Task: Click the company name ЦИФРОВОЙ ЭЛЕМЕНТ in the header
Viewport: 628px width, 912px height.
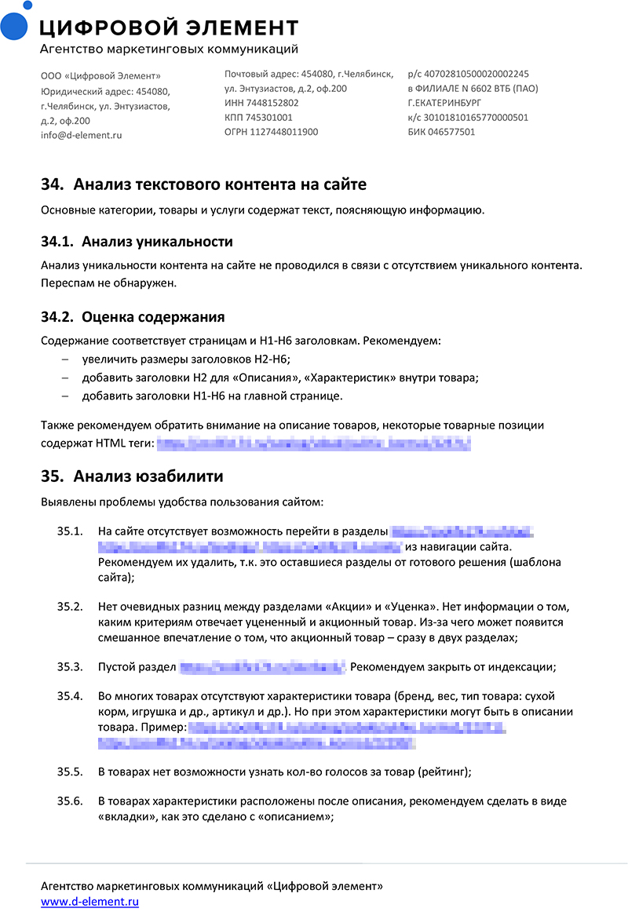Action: coord(169,28)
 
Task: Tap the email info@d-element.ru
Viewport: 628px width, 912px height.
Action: coord(81,135)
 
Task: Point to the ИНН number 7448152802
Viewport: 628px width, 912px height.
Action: coord(261,103)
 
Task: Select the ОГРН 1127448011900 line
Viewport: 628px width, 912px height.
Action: coord(271,132)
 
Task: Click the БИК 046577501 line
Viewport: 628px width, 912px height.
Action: coord(441,132)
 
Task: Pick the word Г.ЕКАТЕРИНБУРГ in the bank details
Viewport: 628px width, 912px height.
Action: coord(444,103)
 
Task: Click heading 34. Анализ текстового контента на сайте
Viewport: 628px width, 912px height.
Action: coord(203,184)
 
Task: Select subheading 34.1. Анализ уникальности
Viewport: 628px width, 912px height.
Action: coord(137,241)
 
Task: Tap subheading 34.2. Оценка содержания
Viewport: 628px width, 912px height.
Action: coord(133,317)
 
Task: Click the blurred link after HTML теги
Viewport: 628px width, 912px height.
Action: coord(313,445)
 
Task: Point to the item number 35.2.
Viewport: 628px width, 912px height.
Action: coord(70,607)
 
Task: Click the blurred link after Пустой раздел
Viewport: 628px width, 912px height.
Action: coord(262,668)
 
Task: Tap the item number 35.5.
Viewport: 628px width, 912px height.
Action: coord(70,772)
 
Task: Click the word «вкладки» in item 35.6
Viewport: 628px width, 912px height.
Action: coord(125,816)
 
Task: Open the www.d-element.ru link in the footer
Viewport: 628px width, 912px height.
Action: coord(89,902)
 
